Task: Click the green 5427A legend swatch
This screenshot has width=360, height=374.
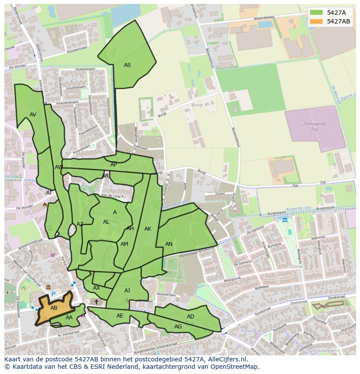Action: pos(317,13)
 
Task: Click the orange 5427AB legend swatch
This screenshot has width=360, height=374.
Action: pos(317,21)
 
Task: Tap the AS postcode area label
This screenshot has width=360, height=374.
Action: pos(127,65)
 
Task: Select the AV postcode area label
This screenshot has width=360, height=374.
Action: pos(33,115)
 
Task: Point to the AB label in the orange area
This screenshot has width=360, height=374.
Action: pos(54,308)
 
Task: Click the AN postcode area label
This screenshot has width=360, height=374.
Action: pos(169,244)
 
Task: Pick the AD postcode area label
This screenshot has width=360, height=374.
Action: pos(190,317)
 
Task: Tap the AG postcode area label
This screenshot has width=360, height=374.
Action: pos(178,327)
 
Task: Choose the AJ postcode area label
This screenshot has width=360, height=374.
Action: pos(127,291)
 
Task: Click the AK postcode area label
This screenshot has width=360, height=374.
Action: pos(148,229)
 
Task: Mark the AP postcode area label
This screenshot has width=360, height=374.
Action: pos(113,165)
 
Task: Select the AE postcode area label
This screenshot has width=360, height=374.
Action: pos(120,316)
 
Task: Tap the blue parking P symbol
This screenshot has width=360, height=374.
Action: pos(53,294)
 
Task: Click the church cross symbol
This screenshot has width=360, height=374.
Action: pos(96,302)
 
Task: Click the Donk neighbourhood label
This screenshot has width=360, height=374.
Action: pos(297,267)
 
